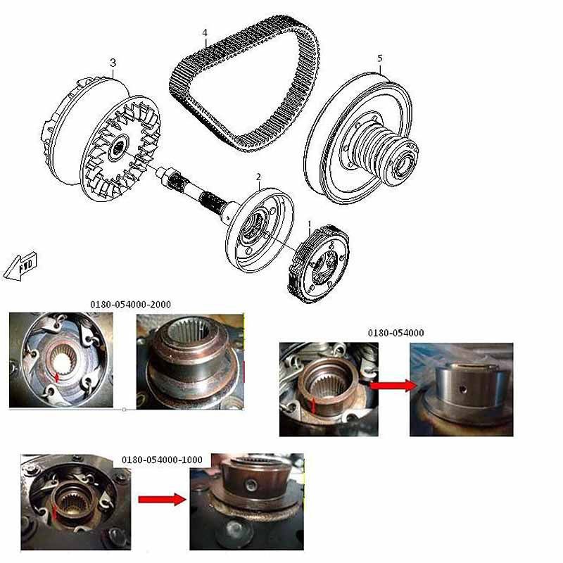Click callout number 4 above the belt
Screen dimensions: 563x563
point(205,33)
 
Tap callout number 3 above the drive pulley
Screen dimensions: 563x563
point(113,63)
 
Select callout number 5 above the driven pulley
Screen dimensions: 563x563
point(380,58)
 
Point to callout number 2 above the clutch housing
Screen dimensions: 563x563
point(258,177)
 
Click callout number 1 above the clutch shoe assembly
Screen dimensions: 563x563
point(310,224)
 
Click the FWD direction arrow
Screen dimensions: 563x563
point(20,267)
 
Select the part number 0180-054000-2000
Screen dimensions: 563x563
point(130,305)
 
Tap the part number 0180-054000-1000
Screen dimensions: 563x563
point(162,460)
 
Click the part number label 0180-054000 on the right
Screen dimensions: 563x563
point(396,333)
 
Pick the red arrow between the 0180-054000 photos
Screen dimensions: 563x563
point(393,386)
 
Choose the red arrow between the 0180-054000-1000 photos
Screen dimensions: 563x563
point(163,499)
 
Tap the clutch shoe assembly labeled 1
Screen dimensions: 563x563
point(319,264)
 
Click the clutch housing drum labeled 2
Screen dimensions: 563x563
point(260,230)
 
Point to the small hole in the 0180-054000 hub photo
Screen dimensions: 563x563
point(464,389)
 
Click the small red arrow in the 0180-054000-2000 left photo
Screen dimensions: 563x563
point(56,377)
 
